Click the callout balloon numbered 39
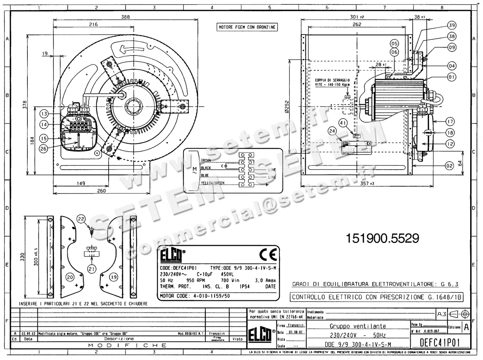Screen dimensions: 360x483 click(x=452, y=25)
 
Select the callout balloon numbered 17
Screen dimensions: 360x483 click(x=450, y=121)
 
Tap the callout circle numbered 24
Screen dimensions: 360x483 click(x=332, y=131)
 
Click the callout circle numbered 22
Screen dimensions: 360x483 click(x=81, y=219)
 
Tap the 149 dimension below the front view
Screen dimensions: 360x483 click(x=80, y=183)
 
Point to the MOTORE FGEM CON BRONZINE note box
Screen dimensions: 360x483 click(x=247, y=27)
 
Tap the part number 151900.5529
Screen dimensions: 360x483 click(x=382, y=238)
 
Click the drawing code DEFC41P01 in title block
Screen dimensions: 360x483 click(x=439, y=343)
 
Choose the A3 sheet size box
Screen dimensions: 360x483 click(x=441, y=313)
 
